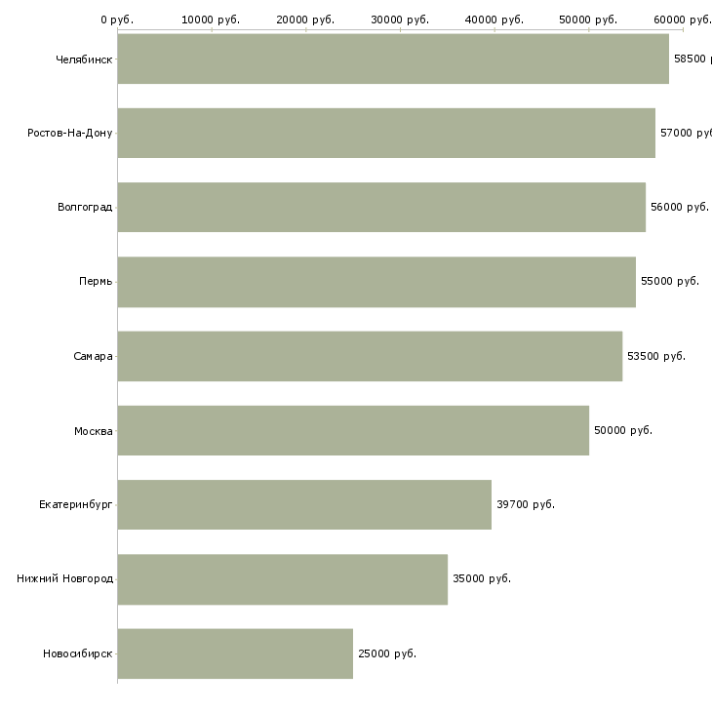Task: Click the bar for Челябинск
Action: [x=393, y=59]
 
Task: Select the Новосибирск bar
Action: [x=235, y=653]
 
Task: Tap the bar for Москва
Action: [x=353, y=430]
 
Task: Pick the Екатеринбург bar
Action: [x=304, y=504]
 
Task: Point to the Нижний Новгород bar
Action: [x=283, y=579]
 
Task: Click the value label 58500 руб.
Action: [x=691, y=59]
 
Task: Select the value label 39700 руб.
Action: [x=526, y=504]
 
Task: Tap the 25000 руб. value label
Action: [x=387, y=653]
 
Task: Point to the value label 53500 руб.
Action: [x=656, y=356]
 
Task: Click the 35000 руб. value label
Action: [x=482, y=578]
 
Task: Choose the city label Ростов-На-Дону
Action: [x=70, y=133]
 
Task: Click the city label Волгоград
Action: [x=85, y=207]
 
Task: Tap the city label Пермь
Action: [x=96, y=282]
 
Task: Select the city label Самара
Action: [x=93, y=356]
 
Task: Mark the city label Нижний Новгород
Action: [x=64, y=578]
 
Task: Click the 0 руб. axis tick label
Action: [x=117, y=20]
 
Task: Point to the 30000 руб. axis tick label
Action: [x=400, y=20]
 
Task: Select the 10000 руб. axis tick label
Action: [x=211, y=20]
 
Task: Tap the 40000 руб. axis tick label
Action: [x=494, y=20]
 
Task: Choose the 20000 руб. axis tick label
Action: [x=305, y=20]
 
